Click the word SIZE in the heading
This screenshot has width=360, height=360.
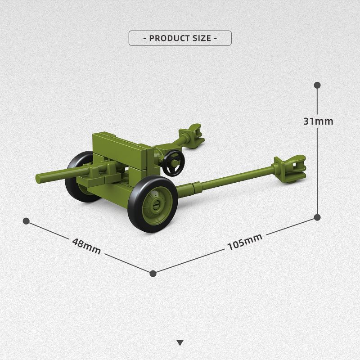click(202, 38)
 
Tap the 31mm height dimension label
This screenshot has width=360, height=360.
click(318, 121)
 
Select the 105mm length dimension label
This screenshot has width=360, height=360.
click(245, 242)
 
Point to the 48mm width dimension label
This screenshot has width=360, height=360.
click(86, 246)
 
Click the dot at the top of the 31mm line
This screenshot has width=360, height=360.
click(317, 85)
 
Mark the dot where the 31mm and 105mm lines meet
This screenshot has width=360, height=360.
click(317, 217)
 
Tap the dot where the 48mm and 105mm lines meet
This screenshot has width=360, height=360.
click(153, 274)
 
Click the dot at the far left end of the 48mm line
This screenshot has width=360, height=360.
click(27, 221)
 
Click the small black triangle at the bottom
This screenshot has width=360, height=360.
click(180, 343)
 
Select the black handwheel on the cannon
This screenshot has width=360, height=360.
click(174, 163)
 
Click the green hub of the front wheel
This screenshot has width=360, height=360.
click(156, 204)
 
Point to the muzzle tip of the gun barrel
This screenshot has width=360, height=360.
click(38, 179)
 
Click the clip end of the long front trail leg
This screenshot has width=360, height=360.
click(290, 168)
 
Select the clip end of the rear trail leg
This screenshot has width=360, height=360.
click(191, 136)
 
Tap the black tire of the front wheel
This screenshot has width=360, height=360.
click(153, 204)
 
